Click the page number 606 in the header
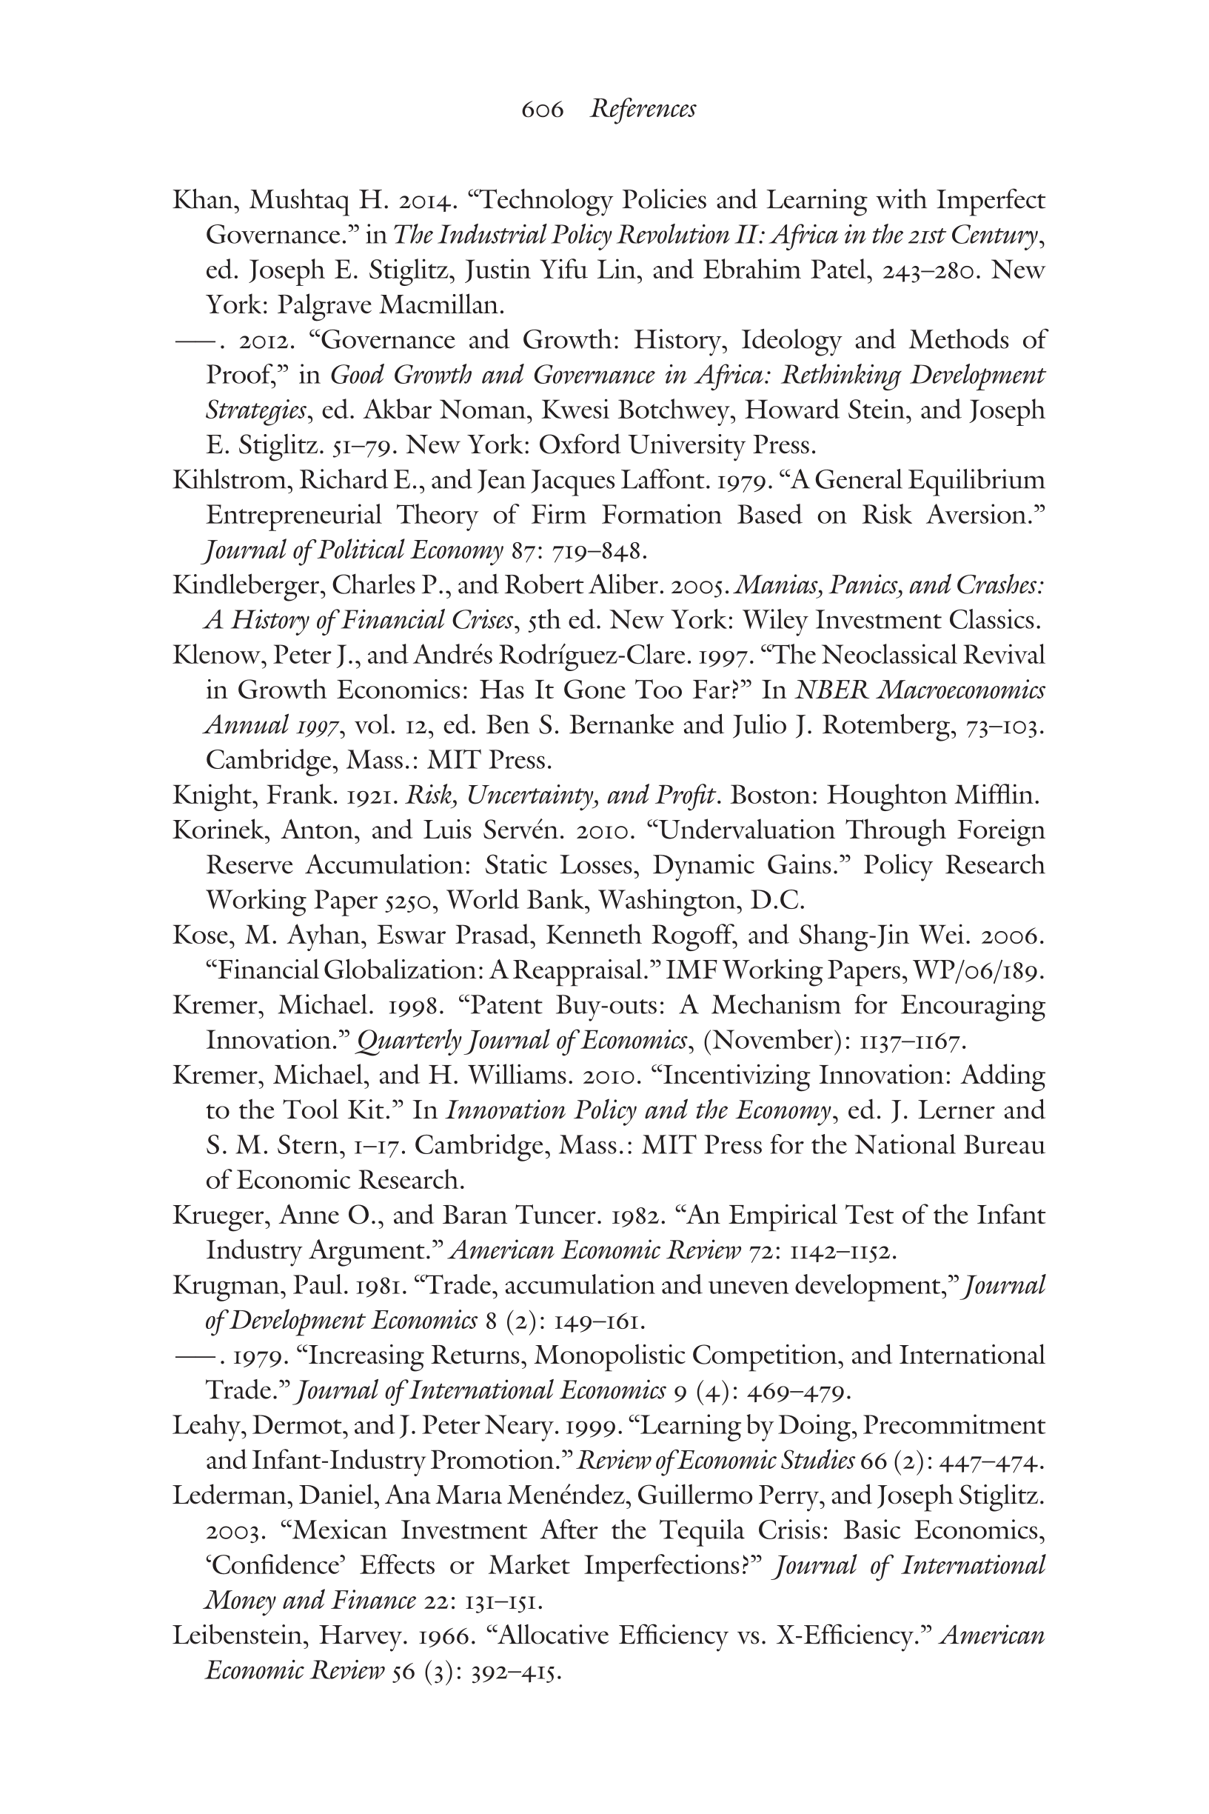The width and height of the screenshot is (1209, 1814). coord(542,110)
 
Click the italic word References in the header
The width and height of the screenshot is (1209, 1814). coord(643,110)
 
